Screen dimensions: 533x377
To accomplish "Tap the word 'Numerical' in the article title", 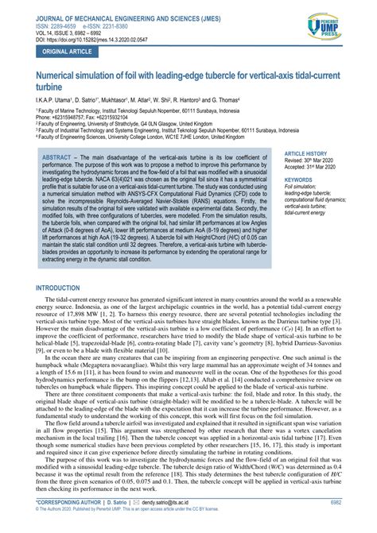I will pos(57,76).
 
